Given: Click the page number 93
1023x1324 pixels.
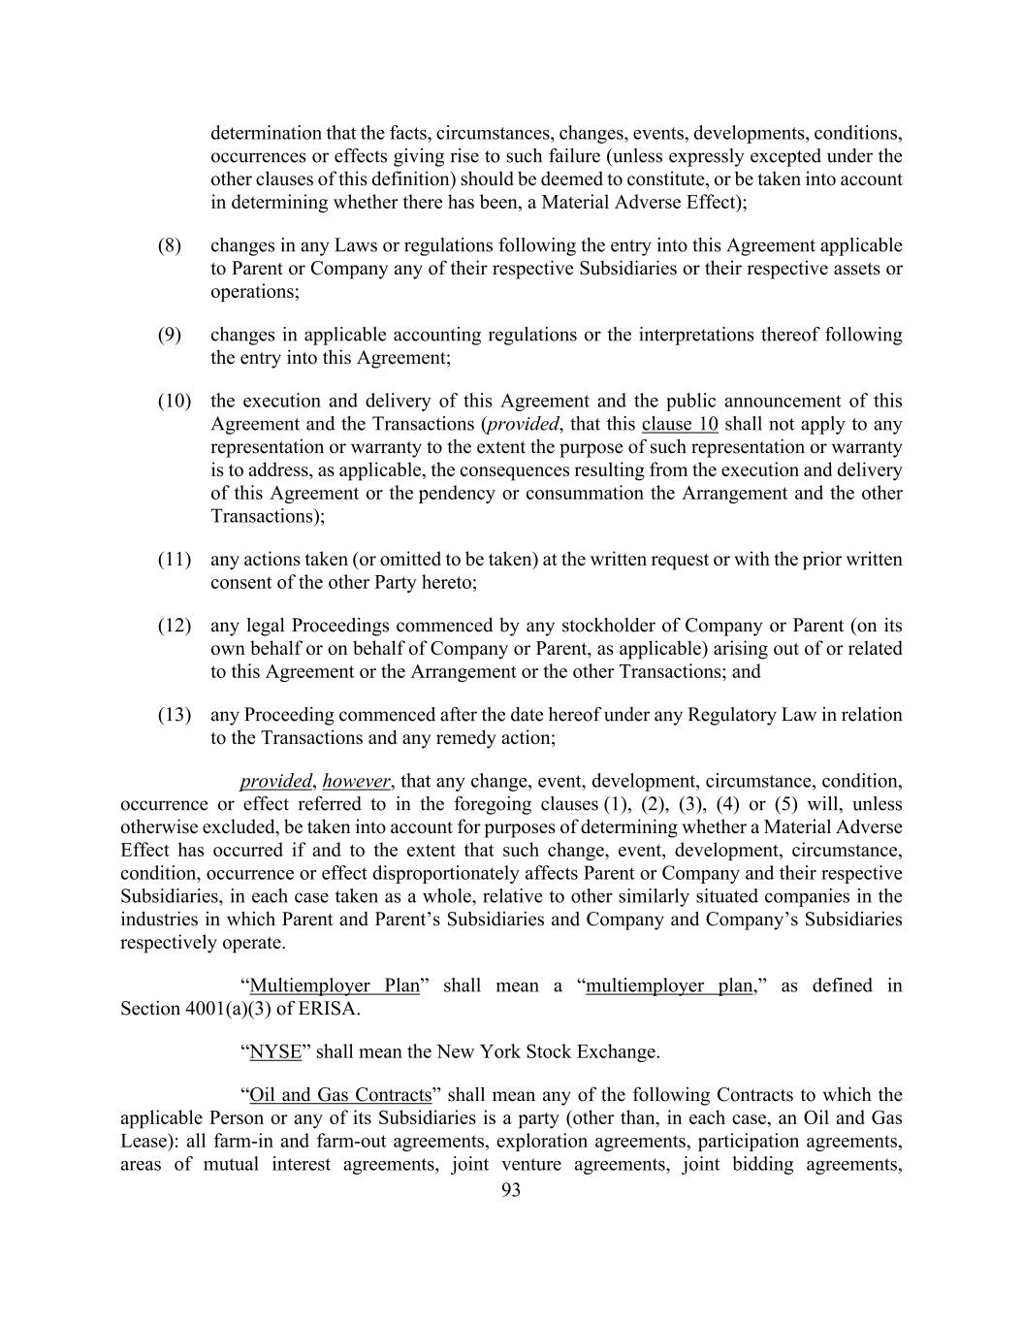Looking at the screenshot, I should coord(511,1190).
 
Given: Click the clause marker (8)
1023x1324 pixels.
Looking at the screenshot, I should coord(170,245).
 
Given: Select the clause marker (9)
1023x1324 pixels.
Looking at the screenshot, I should coord(170,335).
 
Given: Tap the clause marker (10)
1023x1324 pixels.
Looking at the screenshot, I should coord(175,401).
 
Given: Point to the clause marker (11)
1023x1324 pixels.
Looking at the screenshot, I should coord(175,560).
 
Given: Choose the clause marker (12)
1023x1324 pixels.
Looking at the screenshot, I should coord(175,626).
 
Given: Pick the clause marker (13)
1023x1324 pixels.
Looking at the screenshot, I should coord(175,715).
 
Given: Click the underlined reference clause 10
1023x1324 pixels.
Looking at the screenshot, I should coord(680,424).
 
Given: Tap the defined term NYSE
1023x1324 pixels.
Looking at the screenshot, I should coord(275,1051).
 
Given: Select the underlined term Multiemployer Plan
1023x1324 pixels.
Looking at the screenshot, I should coord(335,985).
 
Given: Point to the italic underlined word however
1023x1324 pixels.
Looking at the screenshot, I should coord(356,781).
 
